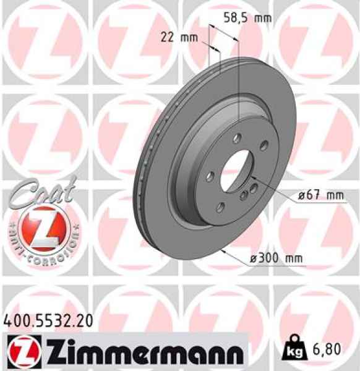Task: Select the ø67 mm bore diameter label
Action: pyautogui.click(x=319, y=195)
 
